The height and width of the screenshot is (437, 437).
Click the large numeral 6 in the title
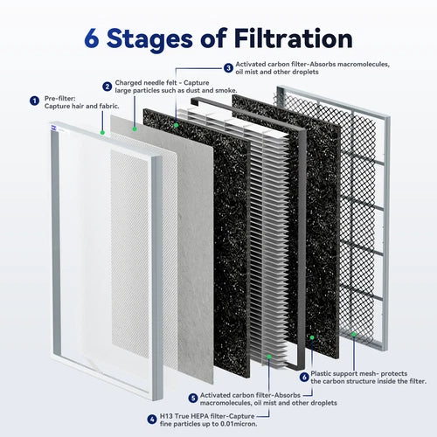[92, 38]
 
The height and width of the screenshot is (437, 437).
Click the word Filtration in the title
[294, 38]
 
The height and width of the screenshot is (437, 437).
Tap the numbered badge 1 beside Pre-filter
[34, 101]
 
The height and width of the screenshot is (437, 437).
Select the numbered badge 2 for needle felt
[107, 87]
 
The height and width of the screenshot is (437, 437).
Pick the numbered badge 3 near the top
[228, 68]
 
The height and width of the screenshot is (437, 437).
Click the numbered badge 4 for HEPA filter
[152, 420]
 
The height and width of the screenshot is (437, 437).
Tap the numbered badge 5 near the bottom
[193, 398]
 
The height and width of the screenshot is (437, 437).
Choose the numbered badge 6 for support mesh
[304, 377]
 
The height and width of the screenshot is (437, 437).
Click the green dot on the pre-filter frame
[102, 133]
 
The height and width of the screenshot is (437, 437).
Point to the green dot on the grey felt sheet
[135, 128]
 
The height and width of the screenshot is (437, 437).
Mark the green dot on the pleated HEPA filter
[269, 357]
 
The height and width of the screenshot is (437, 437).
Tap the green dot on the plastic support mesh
[354, 335]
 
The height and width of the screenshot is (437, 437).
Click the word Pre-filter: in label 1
[59, 99]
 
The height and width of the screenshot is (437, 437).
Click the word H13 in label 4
[166, 416]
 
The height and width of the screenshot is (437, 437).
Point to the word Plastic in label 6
[321, 373]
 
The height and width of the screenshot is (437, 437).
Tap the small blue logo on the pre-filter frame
[53, 127]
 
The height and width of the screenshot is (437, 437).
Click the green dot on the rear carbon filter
[312, 337]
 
